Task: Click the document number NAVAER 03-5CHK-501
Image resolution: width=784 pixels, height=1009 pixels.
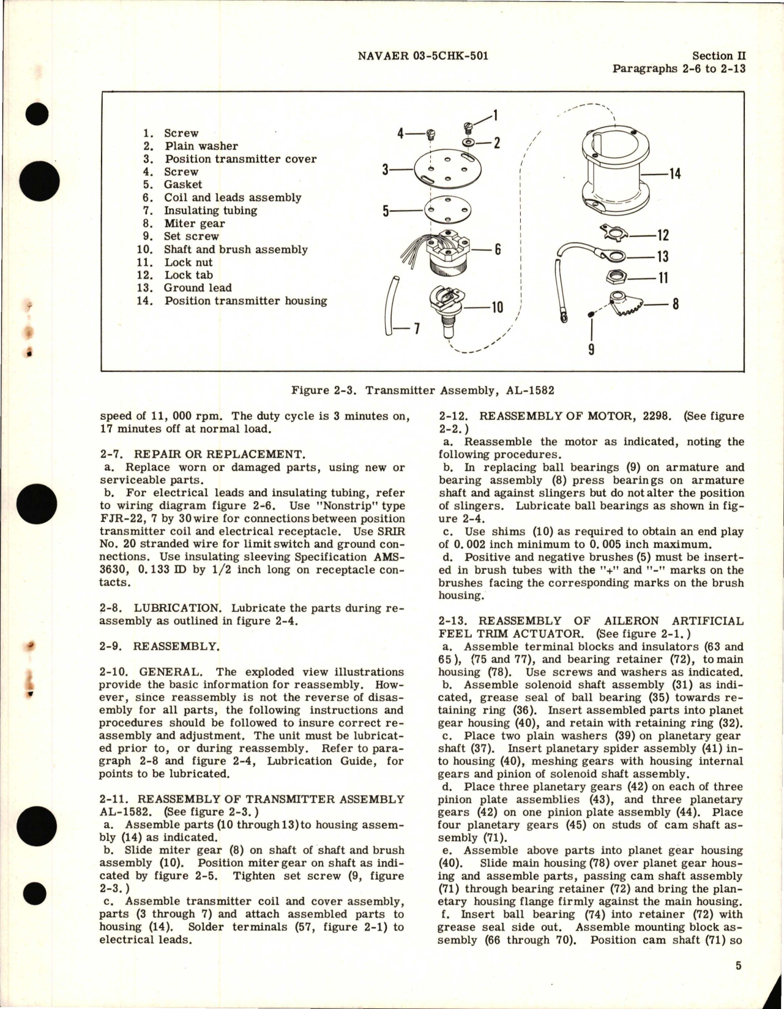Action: [422, 56]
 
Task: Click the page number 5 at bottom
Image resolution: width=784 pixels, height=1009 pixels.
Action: [738, 966]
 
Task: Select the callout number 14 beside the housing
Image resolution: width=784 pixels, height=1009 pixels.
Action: [674, 175]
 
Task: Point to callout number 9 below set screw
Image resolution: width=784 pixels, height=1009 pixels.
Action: [591, 349]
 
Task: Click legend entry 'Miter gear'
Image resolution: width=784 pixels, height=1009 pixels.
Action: [194, 224]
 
